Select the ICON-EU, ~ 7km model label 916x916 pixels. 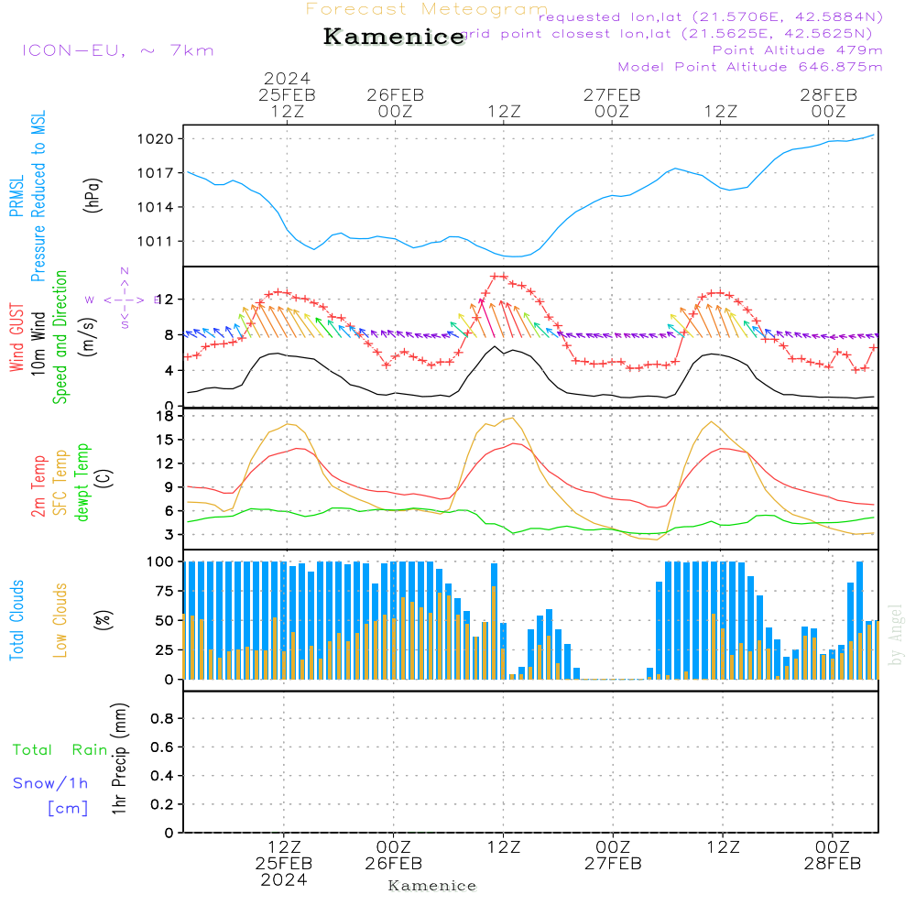click(x=117, y=50)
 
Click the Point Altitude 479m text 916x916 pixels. click(x=797, y=49)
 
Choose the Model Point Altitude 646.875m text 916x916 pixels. click(x=750, y=67)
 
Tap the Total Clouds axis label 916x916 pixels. click(x=16, y=620)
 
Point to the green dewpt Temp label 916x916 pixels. click(x=82, y=483)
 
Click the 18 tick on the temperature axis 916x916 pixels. click(x=166, y=416)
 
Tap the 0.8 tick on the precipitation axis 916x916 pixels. click(x=161, y=719)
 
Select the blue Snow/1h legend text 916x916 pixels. click(x=50, y=783)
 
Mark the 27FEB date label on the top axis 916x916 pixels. click(x=612, y=94)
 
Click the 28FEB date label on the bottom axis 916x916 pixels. click(x=832, y=864)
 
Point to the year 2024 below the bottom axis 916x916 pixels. click(x=283, y=880)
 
